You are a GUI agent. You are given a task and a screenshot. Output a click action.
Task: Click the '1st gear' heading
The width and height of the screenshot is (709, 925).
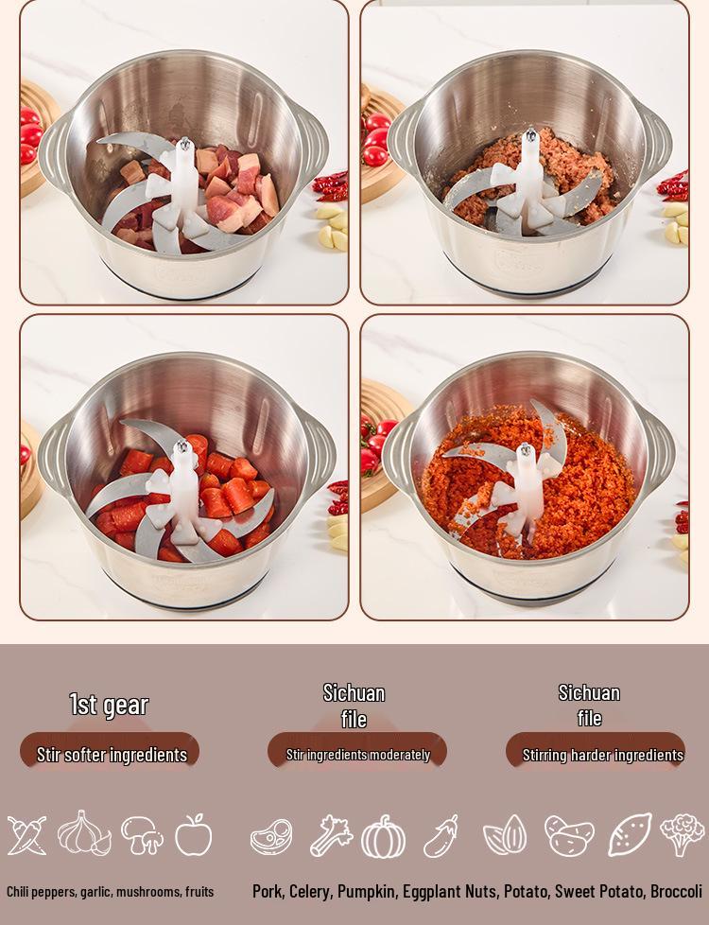[x=109, y=705]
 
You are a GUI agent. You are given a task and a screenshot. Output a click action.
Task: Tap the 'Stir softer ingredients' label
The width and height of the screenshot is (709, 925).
[x=112, y=755]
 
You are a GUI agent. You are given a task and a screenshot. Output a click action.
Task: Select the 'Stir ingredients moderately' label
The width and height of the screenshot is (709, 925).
[x=357, y=755]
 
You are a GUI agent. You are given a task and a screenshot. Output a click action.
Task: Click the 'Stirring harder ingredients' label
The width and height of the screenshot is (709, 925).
[x=602, y=755]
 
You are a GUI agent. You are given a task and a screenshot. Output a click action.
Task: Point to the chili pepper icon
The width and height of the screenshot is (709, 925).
[x=26, y=835]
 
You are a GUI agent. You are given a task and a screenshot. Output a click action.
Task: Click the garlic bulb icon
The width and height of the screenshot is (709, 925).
[x=84, y=834]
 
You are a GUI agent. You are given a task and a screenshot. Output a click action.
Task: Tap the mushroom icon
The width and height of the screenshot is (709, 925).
[x=142, y=835]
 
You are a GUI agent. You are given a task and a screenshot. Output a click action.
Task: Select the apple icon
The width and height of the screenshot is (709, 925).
[x=194, y=835]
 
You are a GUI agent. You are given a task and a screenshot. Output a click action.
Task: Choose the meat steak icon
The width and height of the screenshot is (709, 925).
[x=271, y=837]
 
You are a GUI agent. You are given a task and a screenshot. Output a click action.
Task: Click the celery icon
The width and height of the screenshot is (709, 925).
[x=331, y=836]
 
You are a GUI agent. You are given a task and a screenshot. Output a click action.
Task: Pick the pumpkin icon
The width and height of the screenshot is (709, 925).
[x=384, y=837]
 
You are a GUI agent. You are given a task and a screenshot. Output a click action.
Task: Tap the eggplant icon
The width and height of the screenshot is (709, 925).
[x=441, y=836]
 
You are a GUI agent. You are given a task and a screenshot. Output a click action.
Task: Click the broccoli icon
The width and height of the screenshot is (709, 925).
[x=682, y=834]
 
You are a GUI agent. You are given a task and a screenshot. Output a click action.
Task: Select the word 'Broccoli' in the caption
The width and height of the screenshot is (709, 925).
[x=676, y=892]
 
